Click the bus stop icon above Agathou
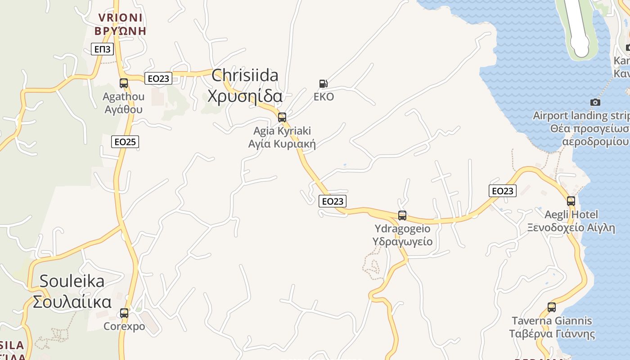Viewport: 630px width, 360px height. (124, 83)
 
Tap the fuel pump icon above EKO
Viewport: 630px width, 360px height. (323, 83)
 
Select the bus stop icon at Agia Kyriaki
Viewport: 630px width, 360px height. (282, 117)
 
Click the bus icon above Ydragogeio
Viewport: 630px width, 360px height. (402, 216)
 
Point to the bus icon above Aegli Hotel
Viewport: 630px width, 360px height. (571, 201)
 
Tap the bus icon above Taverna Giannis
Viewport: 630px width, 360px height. (552, 307)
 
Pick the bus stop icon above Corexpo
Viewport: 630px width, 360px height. (124, 313)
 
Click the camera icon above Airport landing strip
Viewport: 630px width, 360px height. (595, 103)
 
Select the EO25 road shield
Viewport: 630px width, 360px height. (125, 142)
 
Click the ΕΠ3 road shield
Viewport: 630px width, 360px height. (102, 49)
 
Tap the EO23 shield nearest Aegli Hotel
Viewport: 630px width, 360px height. (503, 191)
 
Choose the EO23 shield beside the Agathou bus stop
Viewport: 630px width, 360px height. (158, 79)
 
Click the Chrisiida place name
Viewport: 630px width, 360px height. (245, 75)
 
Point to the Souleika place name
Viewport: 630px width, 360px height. (72, 281)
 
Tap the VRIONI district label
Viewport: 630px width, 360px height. (120, 18)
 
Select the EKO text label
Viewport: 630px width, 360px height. (324, 97)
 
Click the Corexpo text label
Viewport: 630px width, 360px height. (124, 326)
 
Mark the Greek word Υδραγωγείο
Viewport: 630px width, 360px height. (402, 242)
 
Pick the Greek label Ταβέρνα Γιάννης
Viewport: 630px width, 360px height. (552, 334)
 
